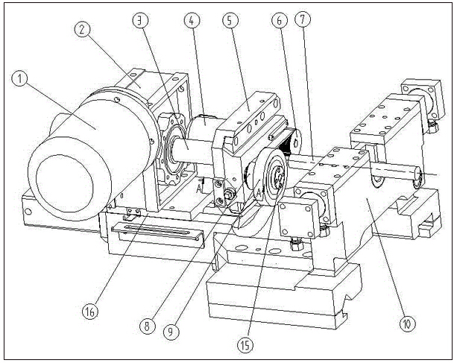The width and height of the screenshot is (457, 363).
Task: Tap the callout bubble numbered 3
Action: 139,22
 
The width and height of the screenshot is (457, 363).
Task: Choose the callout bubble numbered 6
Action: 280,22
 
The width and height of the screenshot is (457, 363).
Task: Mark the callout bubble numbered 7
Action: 301,22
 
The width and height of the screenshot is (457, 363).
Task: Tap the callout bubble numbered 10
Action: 407,323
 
